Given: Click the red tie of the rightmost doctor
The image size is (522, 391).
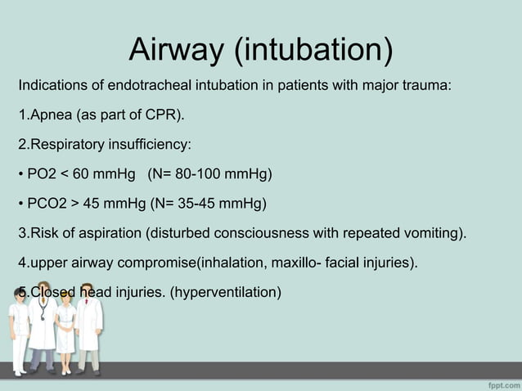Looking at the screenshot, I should (x=89, y=312).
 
